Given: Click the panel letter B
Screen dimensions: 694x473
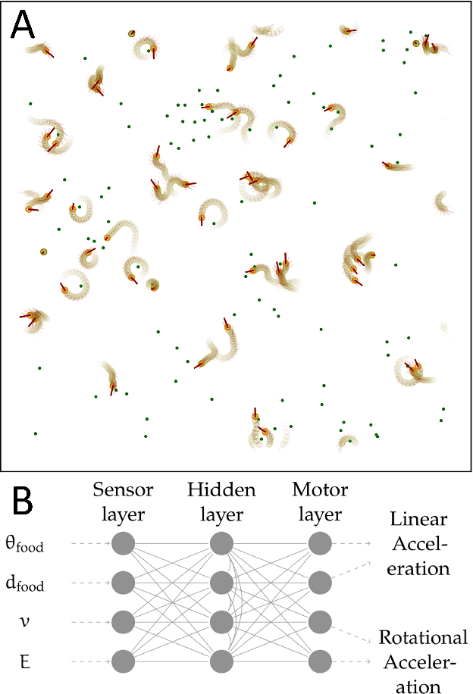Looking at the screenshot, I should pos(23,502).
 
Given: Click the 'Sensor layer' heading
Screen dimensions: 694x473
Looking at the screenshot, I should pos(124,502).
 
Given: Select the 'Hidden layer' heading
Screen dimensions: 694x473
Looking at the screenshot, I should pos(220,502).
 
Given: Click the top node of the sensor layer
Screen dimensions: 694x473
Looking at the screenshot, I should pos(124,544).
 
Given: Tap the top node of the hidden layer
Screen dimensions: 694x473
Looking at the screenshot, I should pos(220,544).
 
